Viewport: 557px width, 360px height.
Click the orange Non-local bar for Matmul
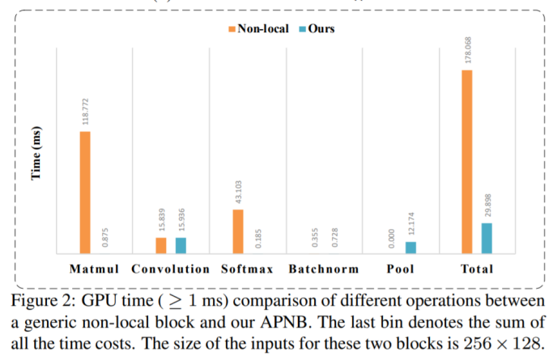point(84,193)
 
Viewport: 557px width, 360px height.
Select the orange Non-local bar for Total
point(466,162)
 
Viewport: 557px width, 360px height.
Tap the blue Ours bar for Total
point(487,239)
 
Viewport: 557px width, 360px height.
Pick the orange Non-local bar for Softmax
point(237,231)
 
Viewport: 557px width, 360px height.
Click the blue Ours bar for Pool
point(410,248)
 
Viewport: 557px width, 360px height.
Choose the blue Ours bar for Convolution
point(181,246)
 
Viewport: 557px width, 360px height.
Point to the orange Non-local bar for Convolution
point(161,246)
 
